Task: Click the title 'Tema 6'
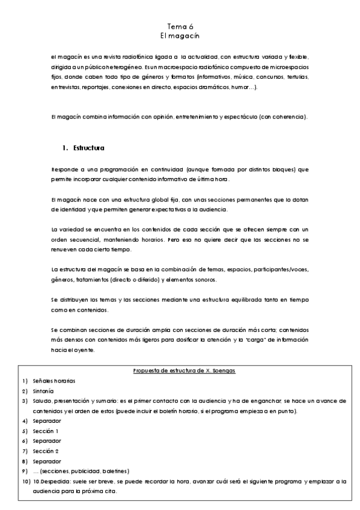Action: point(180,26)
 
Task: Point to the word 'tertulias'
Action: point(296,77)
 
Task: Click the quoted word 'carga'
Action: point(242,339)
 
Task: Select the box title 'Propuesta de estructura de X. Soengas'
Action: point(184,370)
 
